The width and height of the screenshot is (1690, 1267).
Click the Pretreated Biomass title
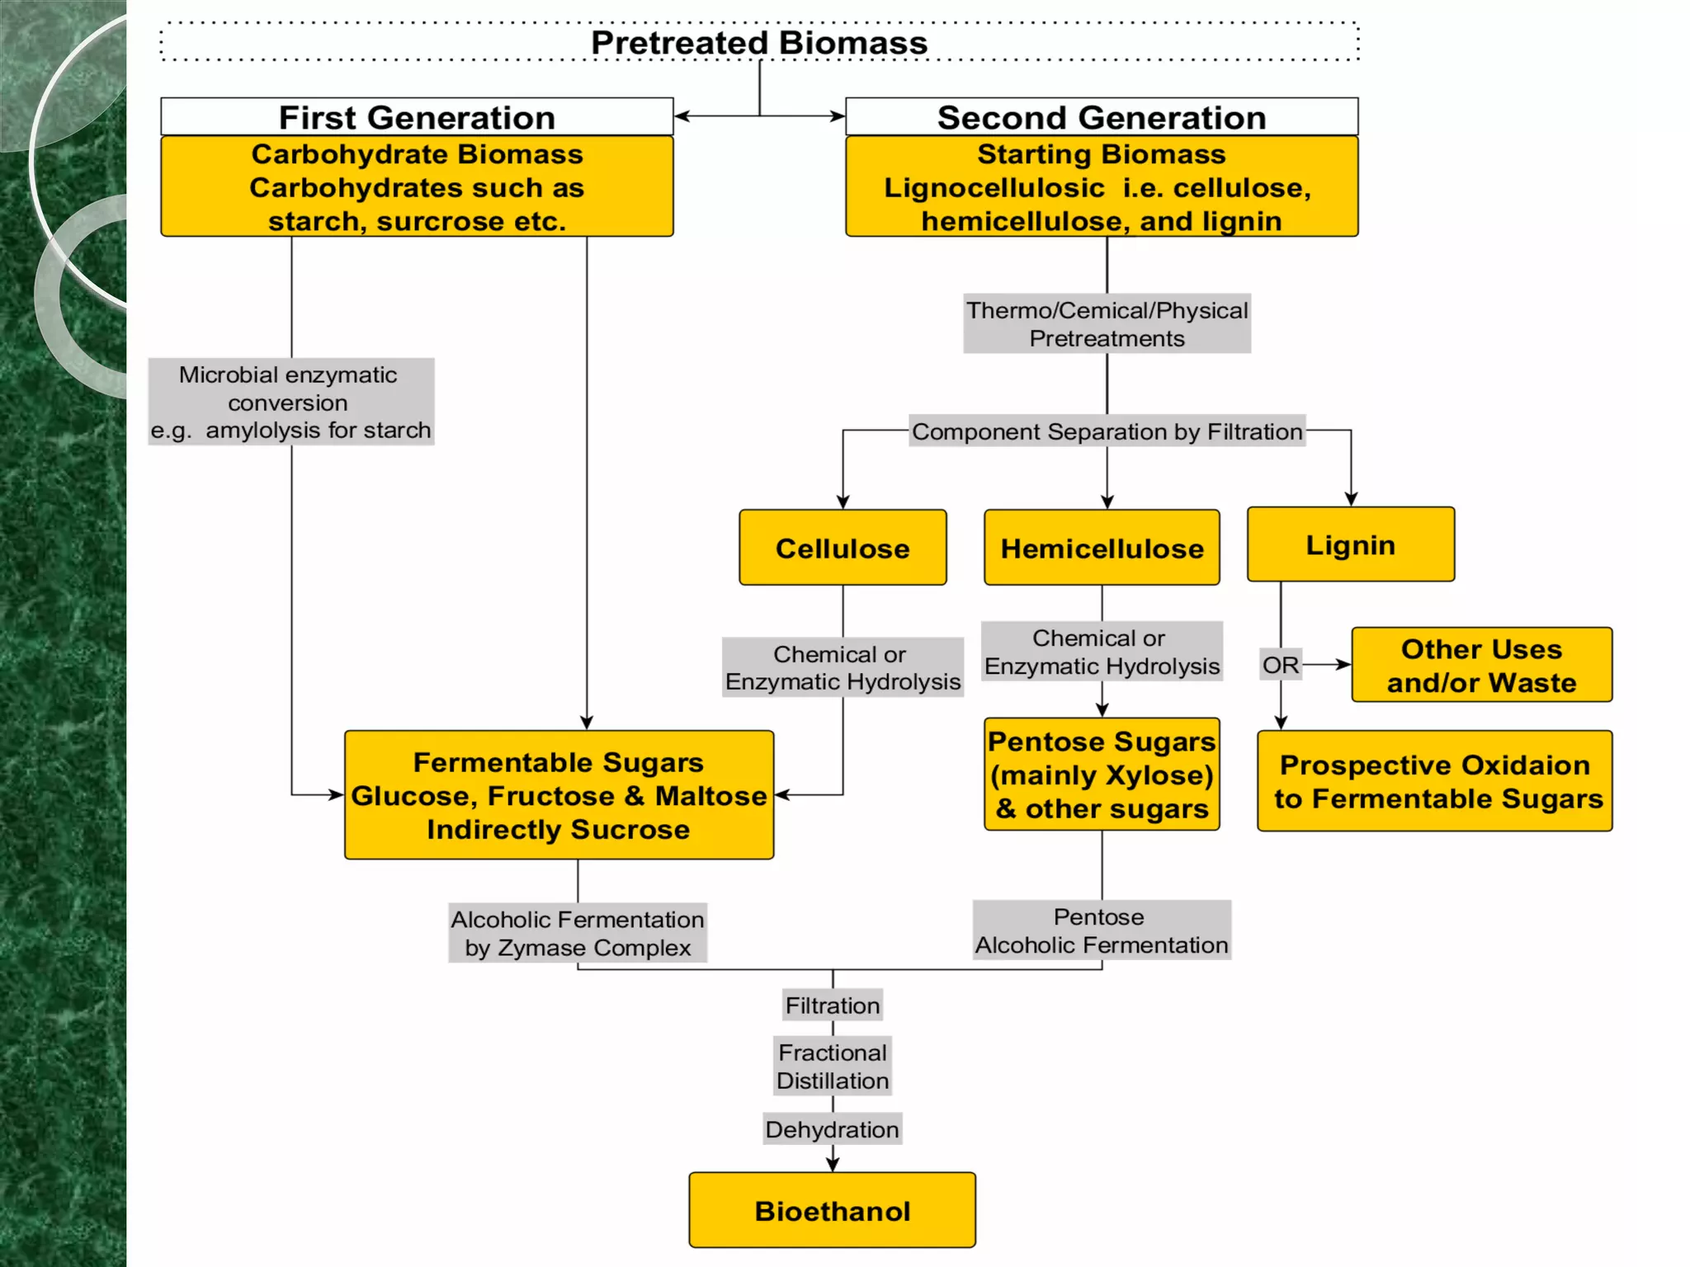click(x=759, y=43)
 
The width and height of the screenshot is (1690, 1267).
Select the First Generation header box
click(x=417, y=117)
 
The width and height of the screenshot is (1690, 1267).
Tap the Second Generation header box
click(x=1102, y=117)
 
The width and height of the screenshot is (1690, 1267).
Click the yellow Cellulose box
click(x=843, y=548)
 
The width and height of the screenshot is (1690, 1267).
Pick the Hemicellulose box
click(x=1102, y=548)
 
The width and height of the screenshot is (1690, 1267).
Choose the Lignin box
click(x=1350, y=544)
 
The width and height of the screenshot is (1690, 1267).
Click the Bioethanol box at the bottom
click(x=832, y=1210)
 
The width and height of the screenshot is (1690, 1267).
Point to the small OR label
click(x=1280, y=665)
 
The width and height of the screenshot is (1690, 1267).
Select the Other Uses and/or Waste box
click(x=1481, y=665)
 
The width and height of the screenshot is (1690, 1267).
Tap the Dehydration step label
click(x=832, y=1129)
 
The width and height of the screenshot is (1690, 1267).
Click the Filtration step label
click(x=832, y=1006)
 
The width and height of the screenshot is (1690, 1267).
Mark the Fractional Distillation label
click(x=832, y=1067)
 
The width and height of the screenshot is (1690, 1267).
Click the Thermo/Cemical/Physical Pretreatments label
click(x=1107, y=324)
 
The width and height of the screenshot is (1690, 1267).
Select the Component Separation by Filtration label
click(x=1107, y=431)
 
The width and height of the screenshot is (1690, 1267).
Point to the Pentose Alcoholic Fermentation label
click(x=1102, y=930)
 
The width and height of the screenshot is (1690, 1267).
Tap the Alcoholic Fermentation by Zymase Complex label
click(x=578, y=933)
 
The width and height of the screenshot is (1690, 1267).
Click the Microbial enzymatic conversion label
click(x=290, y=402)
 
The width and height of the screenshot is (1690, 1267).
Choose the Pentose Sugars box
click(x=1102, y=775)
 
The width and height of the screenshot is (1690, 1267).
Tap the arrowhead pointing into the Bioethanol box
click(x=833, y=1164)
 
